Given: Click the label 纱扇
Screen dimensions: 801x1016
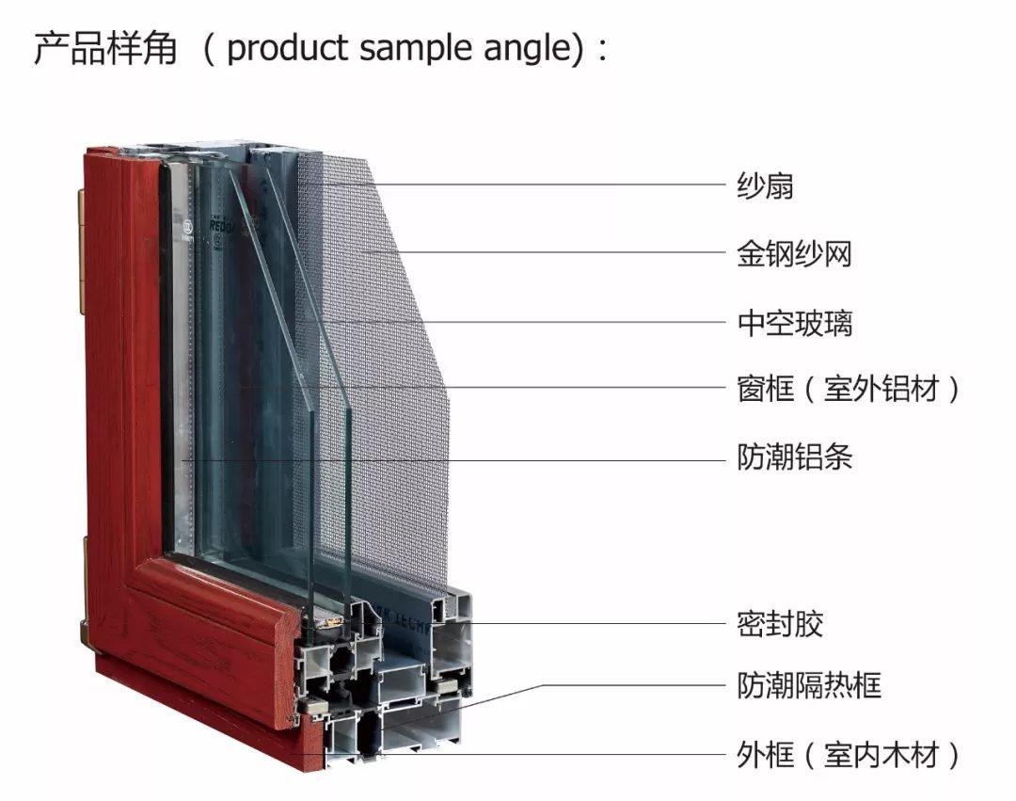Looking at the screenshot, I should pyautogui.click(x=765, y=185).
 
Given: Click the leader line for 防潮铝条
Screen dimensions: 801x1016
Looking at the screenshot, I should pyautogui.click(x=452, y=460).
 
